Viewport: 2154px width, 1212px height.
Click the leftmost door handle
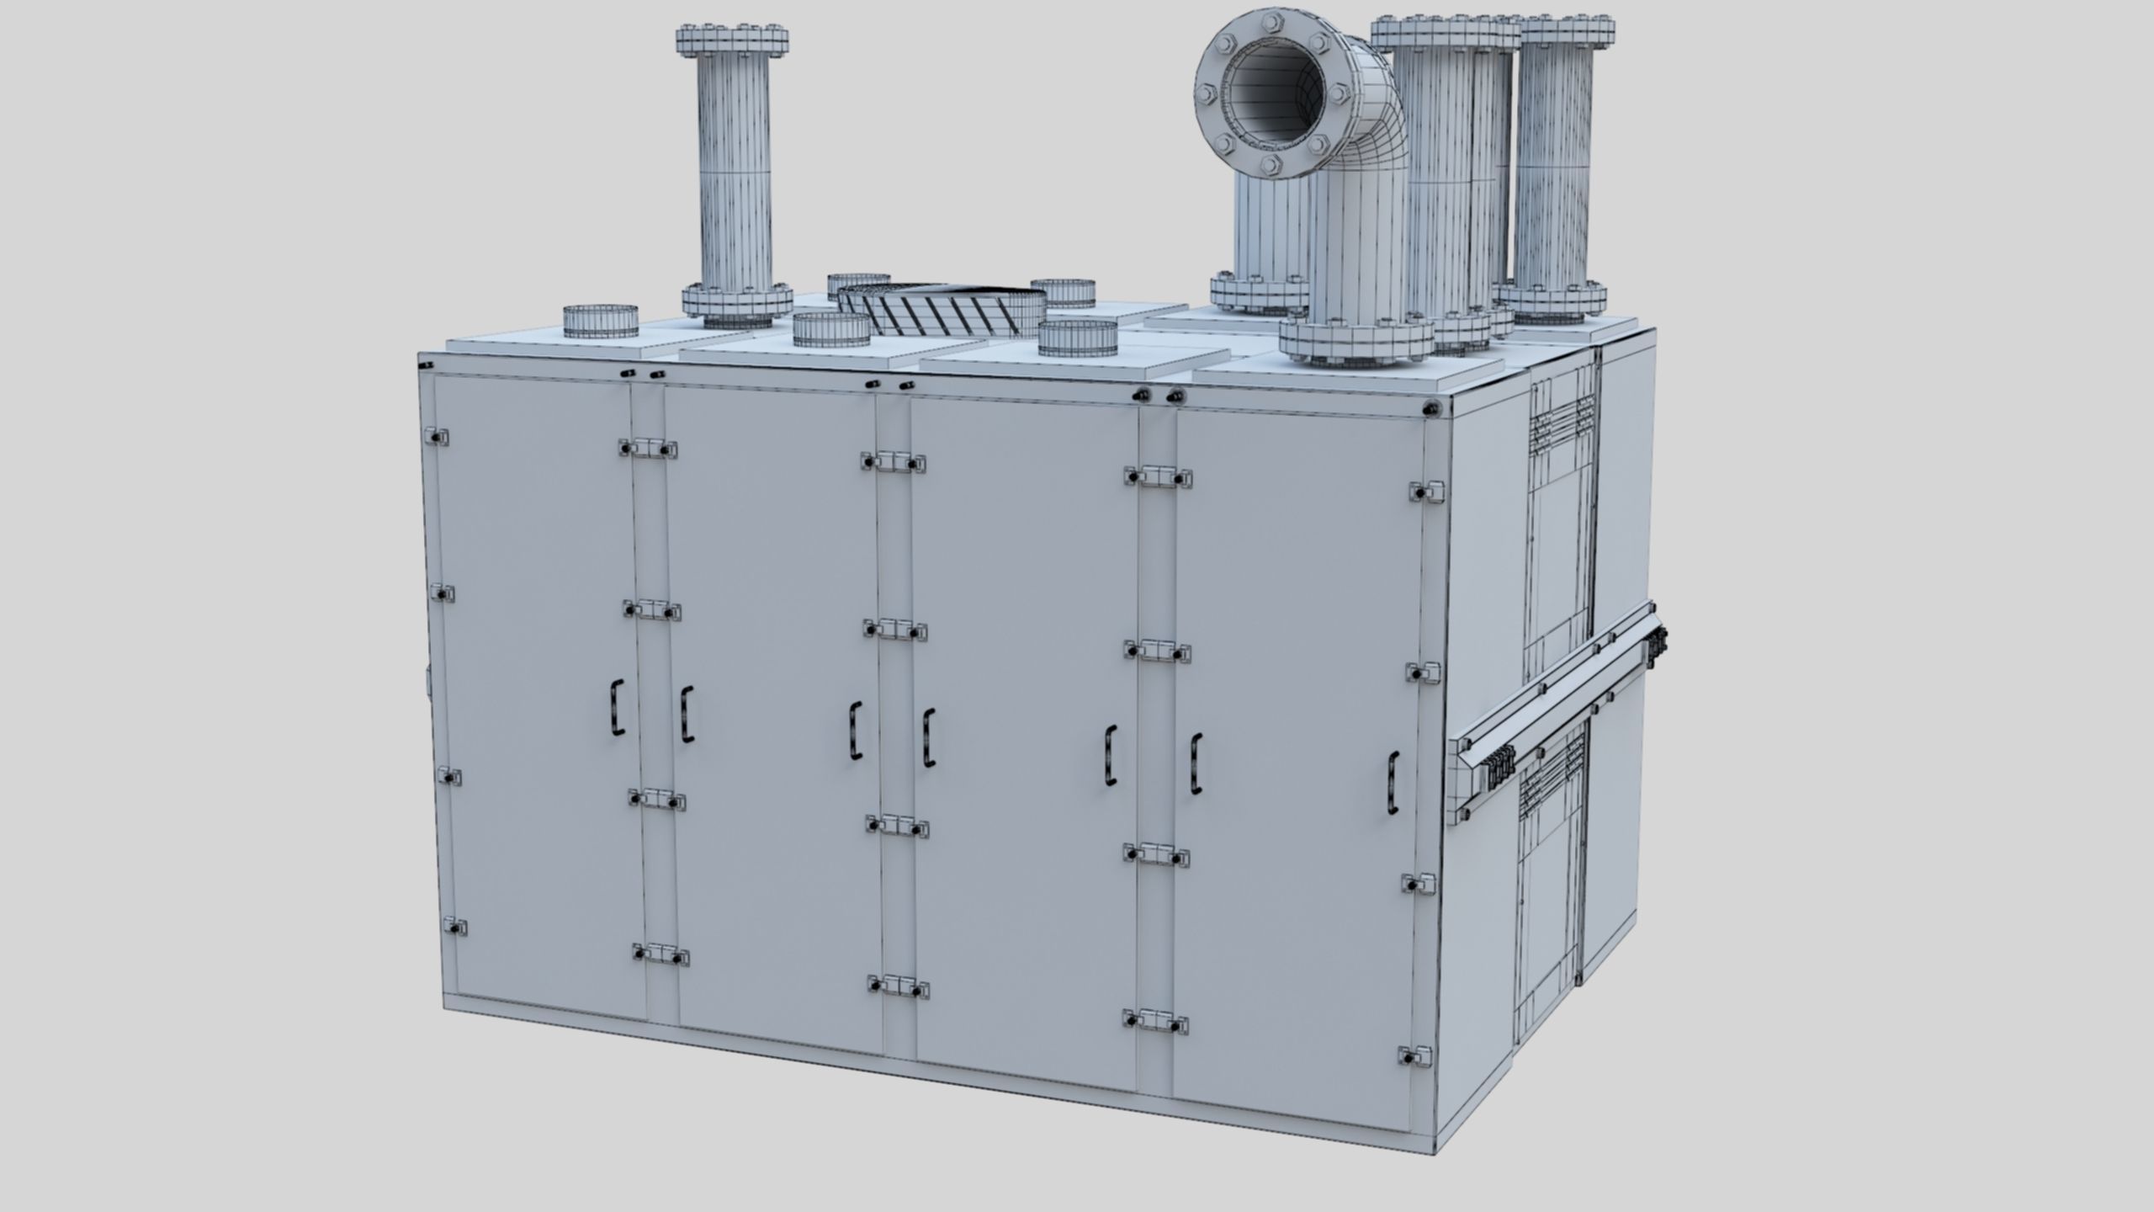coord(618,710)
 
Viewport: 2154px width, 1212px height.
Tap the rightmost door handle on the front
coord(1393,782)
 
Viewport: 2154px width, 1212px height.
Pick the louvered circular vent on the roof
coord(942,308)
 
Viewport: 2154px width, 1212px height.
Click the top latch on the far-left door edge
coord(437,438)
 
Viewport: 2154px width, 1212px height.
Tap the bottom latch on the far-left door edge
coord(454,926)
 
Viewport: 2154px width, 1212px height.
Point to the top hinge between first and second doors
coord(646,448)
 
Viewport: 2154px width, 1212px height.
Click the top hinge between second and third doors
coord(893,461)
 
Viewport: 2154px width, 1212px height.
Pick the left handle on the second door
coord(687,714)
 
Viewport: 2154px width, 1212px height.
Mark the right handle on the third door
coord(1111,756)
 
